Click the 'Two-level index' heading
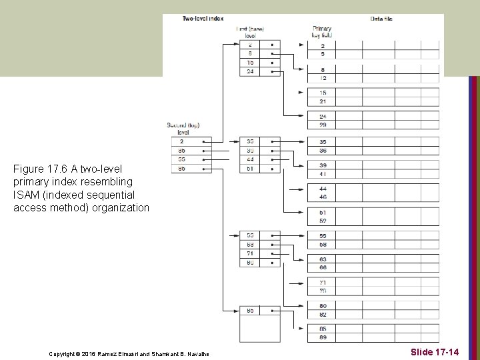click(203, 19)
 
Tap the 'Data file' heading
click(381, 19)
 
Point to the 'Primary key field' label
click(322, 32)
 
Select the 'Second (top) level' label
click(183, 129)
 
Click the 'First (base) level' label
click(250, 32)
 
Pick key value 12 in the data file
click(323, 78)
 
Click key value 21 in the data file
click(323, 101)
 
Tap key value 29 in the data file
click(323, 125)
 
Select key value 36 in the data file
click(323, 151)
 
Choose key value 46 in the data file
click(323, 197)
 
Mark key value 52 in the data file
click(323, 221)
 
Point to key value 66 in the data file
click(323, 267)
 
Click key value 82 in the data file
click(323, 314)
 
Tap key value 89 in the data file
click(323, 337)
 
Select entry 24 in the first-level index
click(249, 72)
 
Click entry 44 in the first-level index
click(249, 160)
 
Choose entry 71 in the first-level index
click(249, 253)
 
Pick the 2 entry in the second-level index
click(181, 141)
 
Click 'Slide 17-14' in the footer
click(435, 351)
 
